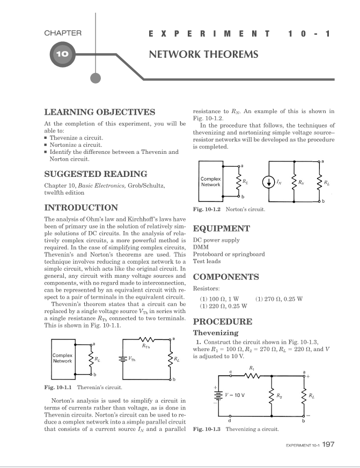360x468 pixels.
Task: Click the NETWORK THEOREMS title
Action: (x=203, y=54)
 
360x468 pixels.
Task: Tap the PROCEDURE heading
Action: (x=222, y=322)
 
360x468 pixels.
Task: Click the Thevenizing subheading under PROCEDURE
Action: (x=215, y=333)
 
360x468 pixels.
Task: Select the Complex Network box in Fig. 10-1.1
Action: (x=63, y=358)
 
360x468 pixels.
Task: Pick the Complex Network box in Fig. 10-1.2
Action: (x=210, y=182)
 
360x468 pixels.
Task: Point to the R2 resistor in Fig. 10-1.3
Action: (x=271, y=396)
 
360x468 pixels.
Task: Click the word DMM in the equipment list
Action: (x=200, y=247)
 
